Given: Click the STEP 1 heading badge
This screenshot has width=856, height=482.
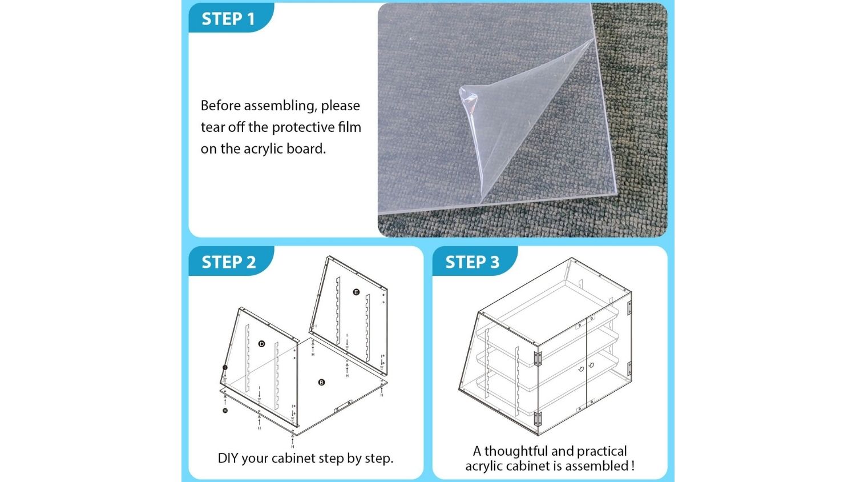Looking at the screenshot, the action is click(231, 18).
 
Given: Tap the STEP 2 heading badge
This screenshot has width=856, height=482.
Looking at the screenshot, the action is click(231, 262).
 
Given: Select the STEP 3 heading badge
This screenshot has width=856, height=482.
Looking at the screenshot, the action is click(475, 262).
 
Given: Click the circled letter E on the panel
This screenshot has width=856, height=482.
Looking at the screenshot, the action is click(356, 292).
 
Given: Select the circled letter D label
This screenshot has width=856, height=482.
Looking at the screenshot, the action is click(262, 344).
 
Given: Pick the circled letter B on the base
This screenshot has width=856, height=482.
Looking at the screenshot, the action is click(321, 382).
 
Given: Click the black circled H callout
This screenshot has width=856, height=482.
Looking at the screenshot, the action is click(225, 411).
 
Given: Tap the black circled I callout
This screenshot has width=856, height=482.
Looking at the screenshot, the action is click(225, 368).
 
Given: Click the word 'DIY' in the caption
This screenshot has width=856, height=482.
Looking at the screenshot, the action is click(228, 458).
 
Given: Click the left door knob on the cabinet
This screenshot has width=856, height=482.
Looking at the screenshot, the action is click(581, 369).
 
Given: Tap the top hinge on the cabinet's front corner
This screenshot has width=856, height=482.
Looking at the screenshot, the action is click(538, 359).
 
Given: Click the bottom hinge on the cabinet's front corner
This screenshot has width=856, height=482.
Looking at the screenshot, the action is click(538, 419).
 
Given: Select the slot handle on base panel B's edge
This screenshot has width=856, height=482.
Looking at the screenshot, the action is click(343, 406).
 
